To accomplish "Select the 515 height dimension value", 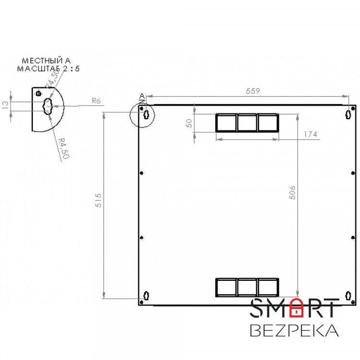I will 99,201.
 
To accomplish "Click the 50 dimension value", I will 189,123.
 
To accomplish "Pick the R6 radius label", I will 96,101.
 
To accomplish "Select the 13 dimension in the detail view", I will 6,106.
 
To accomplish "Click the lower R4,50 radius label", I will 63,148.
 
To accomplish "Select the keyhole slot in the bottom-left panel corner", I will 146,296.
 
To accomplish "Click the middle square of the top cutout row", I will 247,123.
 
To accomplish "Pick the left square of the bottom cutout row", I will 226,288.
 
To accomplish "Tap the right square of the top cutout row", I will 268,123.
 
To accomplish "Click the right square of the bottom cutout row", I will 268,288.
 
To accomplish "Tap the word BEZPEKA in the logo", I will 295,331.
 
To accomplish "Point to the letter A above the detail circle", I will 142,96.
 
